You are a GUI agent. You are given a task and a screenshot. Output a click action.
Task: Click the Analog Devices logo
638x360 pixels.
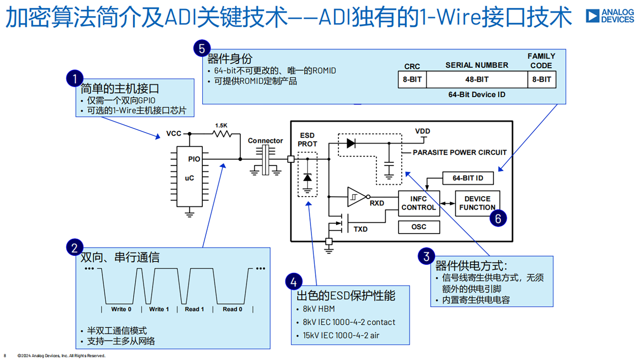(610, 16)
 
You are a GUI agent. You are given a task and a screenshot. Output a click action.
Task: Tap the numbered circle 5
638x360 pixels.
(202, 48)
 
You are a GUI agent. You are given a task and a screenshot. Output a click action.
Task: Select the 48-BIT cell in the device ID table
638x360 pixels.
(477, 79)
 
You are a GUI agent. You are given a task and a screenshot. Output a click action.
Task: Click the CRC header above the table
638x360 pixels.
(412, 66)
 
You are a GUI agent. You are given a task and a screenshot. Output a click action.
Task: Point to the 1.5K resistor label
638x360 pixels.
(221, 125)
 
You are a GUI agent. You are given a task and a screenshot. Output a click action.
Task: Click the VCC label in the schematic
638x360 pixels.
(174, 134)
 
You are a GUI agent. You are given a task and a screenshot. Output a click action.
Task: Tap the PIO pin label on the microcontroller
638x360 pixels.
(194, 159)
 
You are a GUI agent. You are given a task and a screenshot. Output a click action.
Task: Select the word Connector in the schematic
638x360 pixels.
(265, 141)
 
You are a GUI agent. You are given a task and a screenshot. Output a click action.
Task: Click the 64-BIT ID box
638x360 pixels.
(468, 178)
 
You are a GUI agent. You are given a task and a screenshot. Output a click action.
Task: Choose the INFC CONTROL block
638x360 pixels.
(419, 203)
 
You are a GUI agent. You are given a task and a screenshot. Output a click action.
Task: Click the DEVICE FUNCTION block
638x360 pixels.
(477, 203)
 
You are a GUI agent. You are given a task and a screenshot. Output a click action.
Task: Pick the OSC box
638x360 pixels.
(419, 227)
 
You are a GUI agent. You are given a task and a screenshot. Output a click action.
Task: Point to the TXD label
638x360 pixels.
(360, 229)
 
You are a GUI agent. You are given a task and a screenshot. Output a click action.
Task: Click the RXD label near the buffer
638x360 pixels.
(377, 203)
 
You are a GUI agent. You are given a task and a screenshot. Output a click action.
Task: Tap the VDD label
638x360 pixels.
(422, 131)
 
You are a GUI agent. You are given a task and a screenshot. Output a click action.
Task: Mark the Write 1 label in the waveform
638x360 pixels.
(159, 309)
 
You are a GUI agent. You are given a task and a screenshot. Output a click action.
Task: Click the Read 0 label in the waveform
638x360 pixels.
(232, 309)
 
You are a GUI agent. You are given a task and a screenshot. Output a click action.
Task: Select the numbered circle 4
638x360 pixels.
(293, 282)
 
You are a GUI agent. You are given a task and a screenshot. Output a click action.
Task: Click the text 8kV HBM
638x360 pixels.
(319, 309)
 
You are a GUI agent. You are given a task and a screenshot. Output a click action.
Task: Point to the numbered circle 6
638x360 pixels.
(498, 218)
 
